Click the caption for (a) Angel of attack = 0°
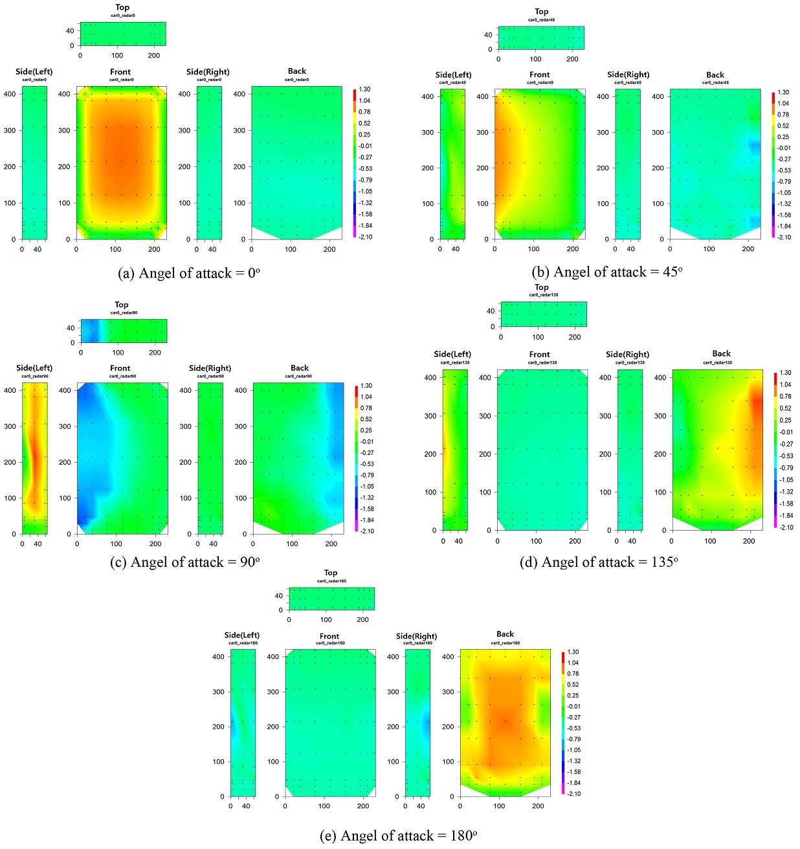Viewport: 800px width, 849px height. tap(189, 274)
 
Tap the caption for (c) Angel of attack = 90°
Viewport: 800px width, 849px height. tap(185, 562)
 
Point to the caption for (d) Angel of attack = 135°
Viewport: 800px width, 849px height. tap(599, 562)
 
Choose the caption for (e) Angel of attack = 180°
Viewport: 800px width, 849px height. tap(399, 836)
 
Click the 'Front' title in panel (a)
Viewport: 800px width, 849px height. tap(120, 72)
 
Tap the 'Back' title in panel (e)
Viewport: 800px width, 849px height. tap(505, 634)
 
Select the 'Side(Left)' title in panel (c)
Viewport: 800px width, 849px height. tap(34, 368)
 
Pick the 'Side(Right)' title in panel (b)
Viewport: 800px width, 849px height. tap(628, 74)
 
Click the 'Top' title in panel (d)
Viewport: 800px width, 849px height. tap(542, 287)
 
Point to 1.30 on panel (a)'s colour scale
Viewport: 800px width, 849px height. tap(364, 89)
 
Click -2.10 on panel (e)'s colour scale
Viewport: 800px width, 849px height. tap(573, 793)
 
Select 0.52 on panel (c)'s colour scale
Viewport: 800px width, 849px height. tap(366, 419)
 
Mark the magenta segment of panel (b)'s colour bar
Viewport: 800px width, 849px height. tap(773, 234)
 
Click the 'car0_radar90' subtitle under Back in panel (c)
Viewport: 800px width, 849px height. tap(300, 376)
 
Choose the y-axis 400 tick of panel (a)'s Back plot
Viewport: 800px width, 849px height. tap(239, 94)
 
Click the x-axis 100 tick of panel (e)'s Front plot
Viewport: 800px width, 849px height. tap(324, 806)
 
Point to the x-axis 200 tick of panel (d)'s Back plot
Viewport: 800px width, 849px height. tap(749, 540)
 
